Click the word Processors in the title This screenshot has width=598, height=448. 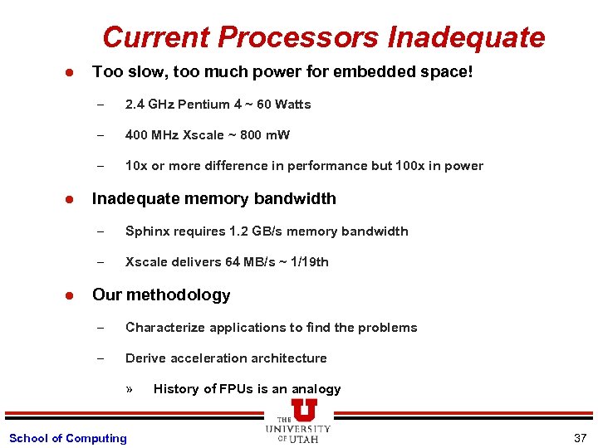(300, 37)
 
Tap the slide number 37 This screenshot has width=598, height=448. (580, 437)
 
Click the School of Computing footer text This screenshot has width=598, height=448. (67, 438)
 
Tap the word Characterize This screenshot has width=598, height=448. (165, 328)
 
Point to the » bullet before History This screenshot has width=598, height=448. (130, 389)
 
